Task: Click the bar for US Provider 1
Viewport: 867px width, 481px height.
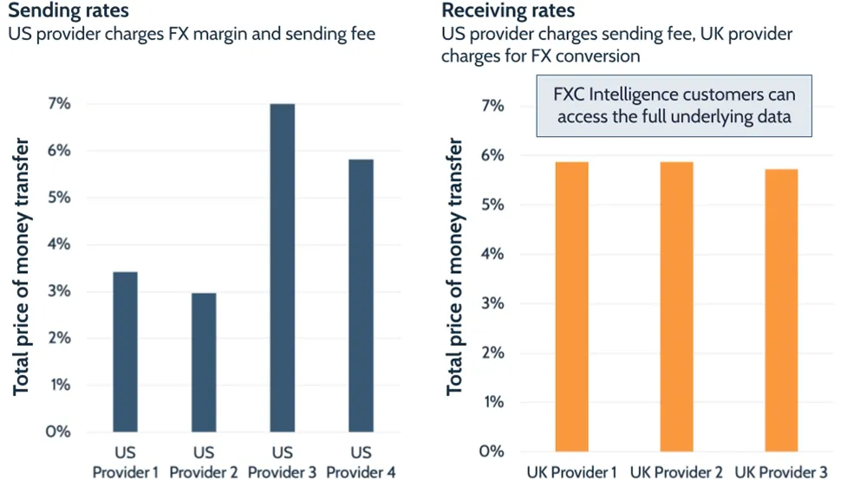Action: pos(125,352)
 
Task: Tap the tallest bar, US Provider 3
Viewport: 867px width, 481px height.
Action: pos(283,268)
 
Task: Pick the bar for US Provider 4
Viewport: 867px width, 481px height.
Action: pos(362,296)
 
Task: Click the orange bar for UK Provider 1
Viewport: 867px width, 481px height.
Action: pos(572,307)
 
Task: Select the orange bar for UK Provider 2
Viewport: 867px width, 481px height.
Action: pos(675,307)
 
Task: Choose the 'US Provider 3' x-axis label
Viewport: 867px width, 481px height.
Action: pos(283,462)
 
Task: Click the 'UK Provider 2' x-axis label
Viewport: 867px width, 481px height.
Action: pos(675,471)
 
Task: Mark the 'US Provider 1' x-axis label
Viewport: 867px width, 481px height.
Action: pos(125,462)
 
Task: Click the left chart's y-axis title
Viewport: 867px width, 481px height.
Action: pos(22,267)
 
